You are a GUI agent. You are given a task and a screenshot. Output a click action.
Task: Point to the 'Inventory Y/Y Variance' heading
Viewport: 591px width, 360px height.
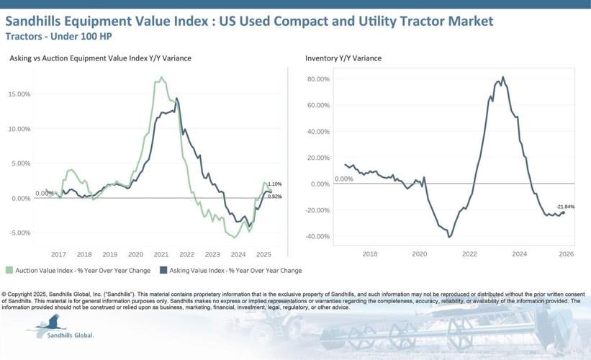click(343, 58)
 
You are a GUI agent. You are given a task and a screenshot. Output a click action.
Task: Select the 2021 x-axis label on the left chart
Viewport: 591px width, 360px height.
click(161, 254)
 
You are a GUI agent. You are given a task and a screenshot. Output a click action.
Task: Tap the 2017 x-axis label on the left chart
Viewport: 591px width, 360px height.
click(58, 254)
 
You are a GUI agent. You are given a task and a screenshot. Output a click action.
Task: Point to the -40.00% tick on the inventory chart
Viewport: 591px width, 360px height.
click(317, 236)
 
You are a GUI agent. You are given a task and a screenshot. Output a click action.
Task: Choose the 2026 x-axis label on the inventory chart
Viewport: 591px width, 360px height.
click(565, 254)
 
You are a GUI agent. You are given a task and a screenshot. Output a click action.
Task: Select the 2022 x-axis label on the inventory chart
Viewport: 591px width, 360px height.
click(469, 254)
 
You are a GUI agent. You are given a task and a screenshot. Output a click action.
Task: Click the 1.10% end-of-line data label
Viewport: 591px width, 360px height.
click(274, 184)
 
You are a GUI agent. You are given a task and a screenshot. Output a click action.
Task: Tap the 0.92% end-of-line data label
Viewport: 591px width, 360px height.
click(274, 196)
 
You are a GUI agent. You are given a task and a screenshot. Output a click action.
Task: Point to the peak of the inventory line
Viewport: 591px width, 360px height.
click(502, 77)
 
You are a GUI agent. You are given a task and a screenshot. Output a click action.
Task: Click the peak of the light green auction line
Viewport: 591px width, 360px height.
click(161, 78)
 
